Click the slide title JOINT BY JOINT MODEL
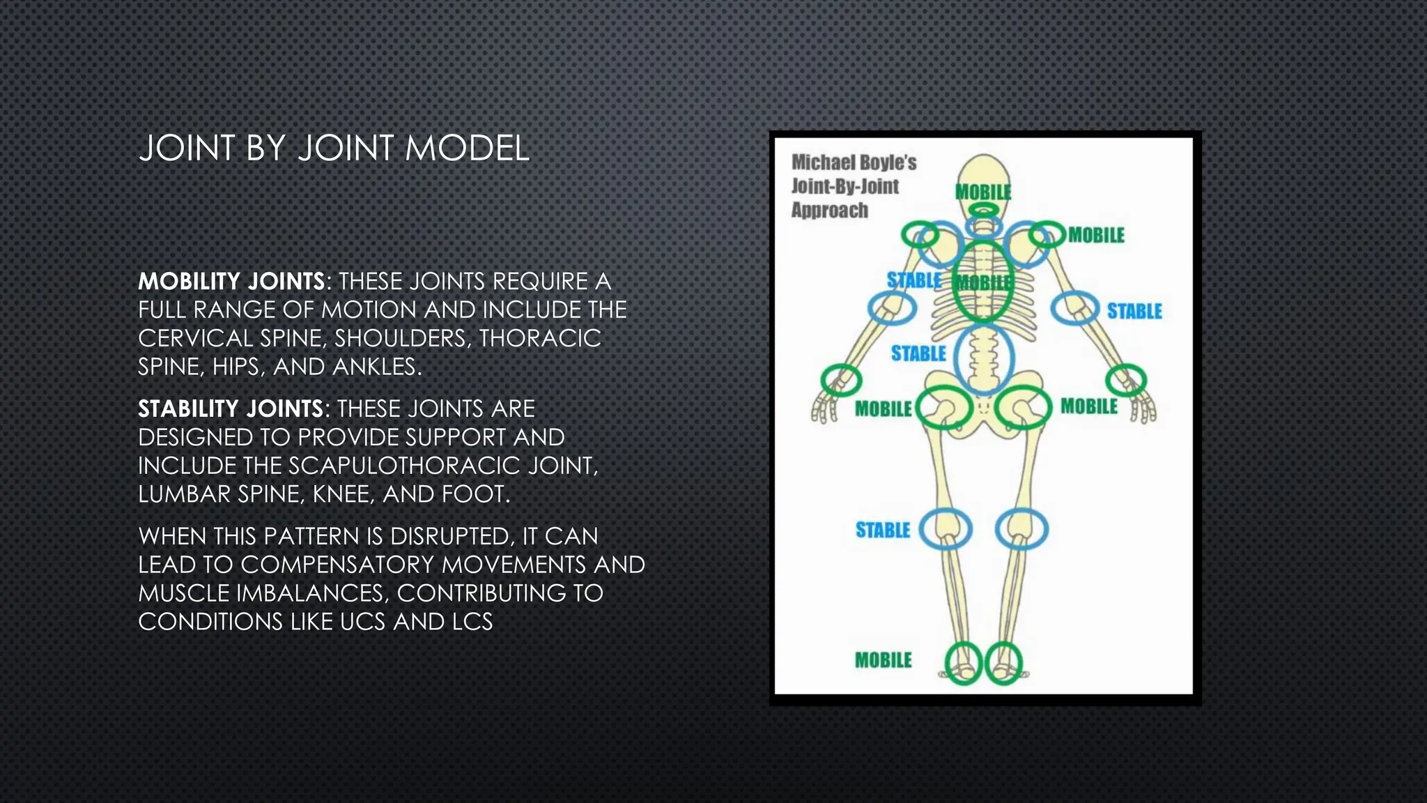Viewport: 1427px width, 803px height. click(x=334, y=148)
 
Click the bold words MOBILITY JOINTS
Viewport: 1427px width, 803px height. click(x=231, y=282)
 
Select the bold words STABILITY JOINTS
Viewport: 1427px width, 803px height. click(x=231, y=409)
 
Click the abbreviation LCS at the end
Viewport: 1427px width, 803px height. click(x=472, y=622)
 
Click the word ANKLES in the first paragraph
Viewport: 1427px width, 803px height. click(x=376, y=367)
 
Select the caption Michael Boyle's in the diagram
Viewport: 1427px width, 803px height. click(x=854, y=162)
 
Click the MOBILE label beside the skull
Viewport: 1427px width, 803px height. click(x=982, y=192)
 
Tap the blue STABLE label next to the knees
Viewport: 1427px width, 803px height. click(x=883, y=530)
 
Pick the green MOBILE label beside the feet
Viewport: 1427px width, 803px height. click(x=883, y=660)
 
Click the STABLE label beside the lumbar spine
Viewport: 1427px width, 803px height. click(x=918, y=354)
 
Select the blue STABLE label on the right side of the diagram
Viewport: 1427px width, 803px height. click(x=1134, y=311)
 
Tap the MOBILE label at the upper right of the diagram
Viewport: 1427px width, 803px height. click(x=1096, y=236)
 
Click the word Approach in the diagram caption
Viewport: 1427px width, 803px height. click(x=829, y=211)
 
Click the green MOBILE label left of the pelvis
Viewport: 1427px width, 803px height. click(x=883, y=409)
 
